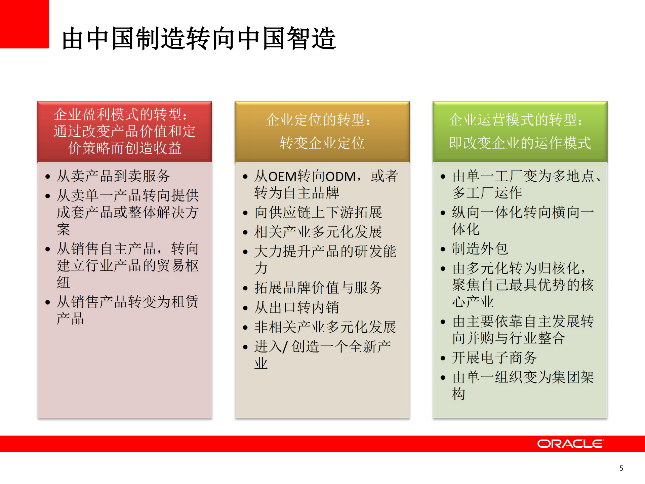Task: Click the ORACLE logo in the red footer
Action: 570,444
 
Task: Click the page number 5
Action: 621,468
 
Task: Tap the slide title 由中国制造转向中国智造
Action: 199,38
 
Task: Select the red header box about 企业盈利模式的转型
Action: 124,132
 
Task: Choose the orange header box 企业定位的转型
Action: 322,132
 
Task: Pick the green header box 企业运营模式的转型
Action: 520,132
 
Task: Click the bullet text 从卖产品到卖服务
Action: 113,176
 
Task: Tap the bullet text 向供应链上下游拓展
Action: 318,212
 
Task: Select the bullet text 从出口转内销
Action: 296,307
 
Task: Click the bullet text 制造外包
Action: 480,249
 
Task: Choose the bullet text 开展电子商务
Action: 494,358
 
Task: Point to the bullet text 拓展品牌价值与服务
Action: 318,288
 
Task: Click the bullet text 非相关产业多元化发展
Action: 325,327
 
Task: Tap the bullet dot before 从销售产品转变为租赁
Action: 48,302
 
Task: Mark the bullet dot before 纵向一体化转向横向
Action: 443,213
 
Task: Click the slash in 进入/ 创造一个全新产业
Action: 285,347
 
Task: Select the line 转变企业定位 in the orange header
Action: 322,143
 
